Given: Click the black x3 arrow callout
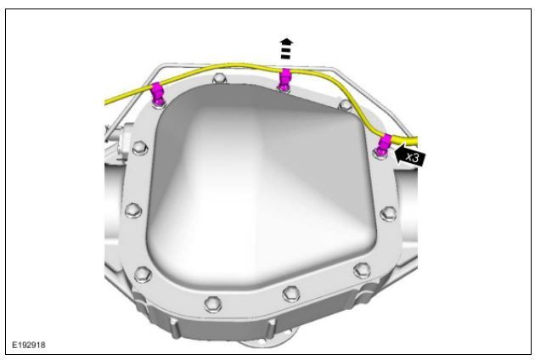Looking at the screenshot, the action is pos(410,156).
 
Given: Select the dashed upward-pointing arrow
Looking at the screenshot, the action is pos(286,48).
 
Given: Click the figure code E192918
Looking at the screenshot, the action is pos(29,345).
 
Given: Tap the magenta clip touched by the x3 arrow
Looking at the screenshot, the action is pos(384,144).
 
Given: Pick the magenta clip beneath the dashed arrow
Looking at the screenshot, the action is pos(284,79).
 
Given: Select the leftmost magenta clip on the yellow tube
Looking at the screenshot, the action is pos(157,93).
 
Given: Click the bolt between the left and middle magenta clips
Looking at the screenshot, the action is pos(219,79).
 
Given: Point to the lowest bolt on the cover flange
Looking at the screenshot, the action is pos(213,304).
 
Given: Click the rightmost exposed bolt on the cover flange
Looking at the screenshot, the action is pos(388,213).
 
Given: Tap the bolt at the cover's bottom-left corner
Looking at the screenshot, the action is pos(143,273).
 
